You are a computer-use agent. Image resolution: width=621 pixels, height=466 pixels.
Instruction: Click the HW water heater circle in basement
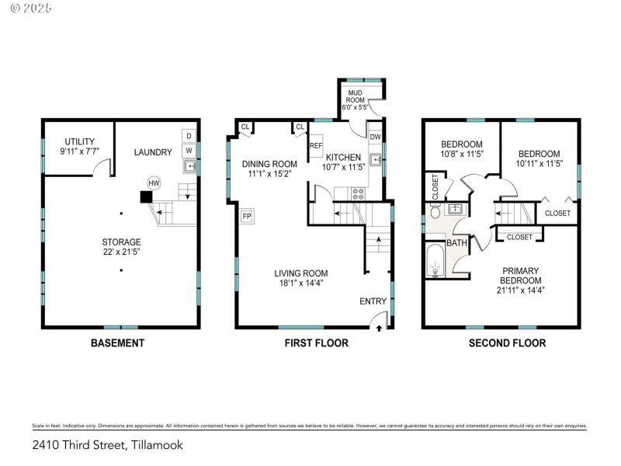(x=154, y=183)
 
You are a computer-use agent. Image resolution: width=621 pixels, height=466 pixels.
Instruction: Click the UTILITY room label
(x=78, y=141)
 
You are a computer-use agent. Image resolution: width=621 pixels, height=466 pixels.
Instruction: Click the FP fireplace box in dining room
(x=247, y=216)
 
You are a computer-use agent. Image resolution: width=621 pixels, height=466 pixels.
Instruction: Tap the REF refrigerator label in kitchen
(x=316, y=145)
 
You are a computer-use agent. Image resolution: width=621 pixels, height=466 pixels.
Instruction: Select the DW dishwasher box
(x=375, y=137)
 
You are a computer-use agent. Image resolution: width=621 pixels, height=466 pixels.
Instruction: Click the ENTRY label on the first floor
(x=372, y=301)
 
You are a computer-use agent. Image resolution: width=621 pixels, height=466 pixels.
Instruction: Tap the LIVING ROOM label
(x=300, y=273)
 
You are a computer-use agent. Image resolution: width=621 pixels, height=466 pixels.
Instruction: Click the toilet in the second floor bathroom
(x=435, y=210)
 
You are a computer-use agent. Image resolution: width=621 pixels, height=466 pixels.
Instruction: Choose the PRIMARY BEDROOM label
(x=519, y=275)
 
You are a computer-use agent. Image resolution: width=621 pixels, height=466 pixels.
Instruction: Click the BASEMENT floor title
(x=117, y=343)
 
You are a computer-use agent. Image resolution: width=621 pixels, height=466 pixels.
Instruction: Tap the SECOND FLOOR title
(x=507, y=343)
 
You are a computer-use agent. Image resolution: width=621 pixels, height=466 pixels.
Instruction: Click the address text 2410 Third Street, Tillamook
(x=108, y=446)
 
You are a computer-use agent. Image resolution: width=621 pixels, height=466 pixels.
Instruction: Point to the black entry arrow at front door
(x=379, y=329)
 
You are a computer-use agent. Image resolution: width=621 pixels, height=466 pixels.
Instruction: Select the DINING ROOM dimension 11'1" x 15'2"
(x=269, y=174)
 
